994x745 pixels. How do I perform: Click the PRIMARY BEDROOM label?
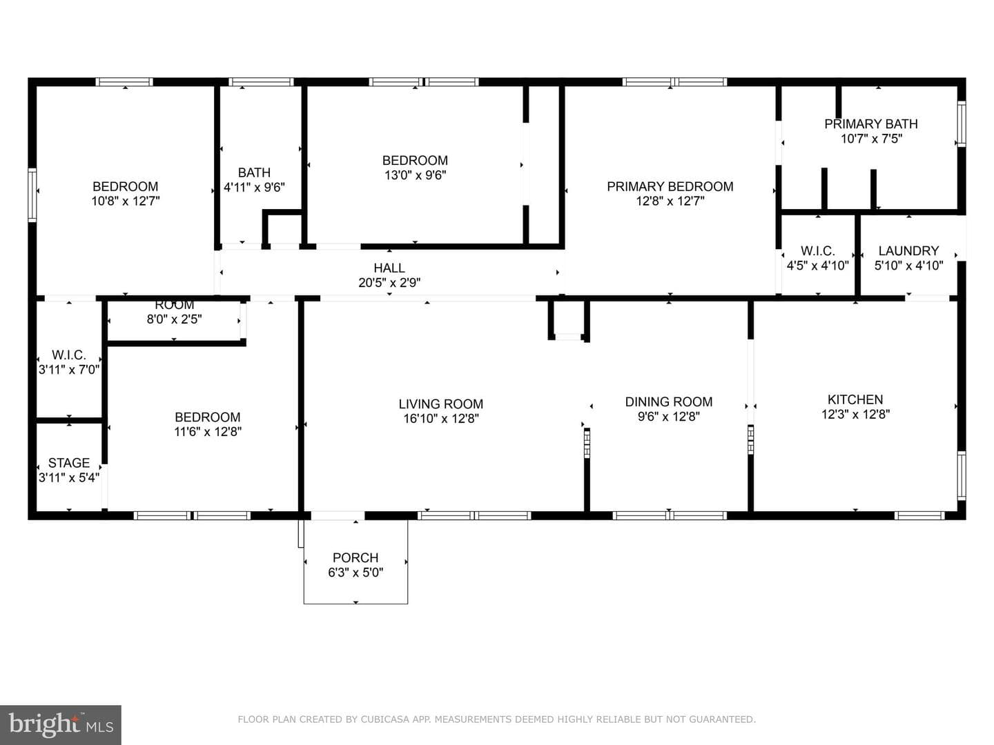[x=670, y=186]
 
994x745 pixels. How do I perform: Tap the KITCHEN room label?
[x=855, y=399]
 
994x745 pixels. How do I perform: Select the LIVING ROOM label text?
[x=440, y=404]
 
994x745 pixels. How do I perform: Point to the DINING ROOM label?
[x=668, y=401]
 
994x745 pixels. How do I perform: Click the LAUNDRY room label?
[x=908, y=250]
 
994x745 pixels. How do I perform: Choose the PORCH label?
[x=355, y=557]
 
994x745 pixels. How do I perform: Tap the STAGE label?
[x=69, y=463]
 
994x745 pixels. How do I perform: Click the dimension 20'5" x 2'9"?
[x=389, y=283]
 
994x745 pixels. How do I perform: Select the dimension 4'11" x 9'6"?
[x=254, y=187]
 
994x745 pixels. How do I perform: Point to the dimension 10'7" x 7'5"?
[x=871, y=139]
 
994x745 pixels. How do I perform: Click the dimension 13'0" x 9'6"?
[x=415, y=175]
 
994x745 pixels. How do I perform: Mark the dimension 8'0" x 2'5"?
[x=174, y=319]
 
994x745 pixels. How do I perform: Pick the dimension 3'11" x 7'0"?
[x=69, y=370]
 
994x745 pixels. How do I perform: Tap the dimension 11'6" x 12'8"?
[x=207, y=432]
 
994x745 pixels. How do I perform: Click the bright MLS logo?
[x=61, y=724]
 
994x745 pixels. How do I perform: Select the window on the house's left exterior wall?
[x=32, y=195]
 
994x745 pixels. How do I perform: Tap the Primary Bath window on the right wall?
[x=961, y=124]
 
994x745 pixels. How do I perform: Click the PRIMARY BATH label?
[x=871, y=124]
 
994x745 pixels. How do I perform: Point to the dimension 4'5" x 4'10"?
[x=817, y=266]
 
